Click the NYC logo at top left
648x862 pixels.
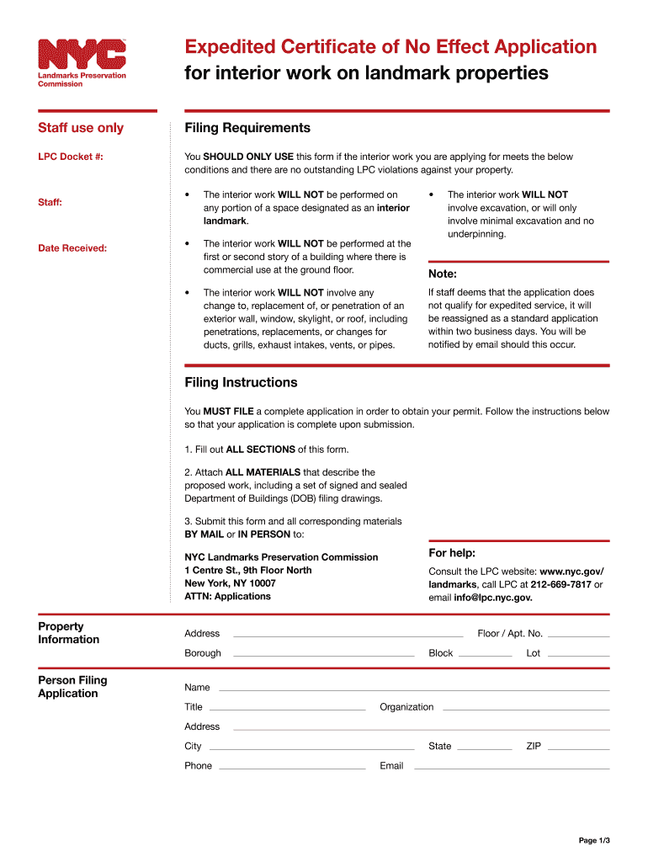click(x=82, y=56)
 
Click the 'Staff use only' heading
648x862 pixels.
click(x=81, y=128)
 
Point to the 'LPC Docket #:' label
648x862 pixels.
click(x=71, y=157)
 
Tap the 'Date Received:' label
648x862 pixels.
click(x=72, y=247)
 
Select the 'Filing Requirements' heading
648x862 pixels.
click(x=247, y=128)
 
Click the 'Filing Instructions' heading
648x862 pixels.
click(x=241, y=382)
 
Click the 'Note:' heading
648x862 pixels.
click(x=443, y=274)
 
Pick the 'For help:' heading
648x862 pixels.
click(x=452, y=553)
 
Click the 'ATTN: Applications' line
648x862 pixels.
click(x=227, y=596)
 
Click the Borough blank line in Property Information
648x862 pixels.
click(x=323, y=654)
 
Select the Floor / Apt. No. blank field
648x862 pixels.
click(x=578, y=635)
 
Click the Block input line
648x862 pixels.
click(x=485, y=654)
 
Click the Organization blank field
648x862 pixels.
click(x=525, y=709)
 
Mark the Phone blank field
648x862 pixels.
click(x=292, y=767)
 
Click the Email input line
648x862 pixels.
click(x=510, y=767)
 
